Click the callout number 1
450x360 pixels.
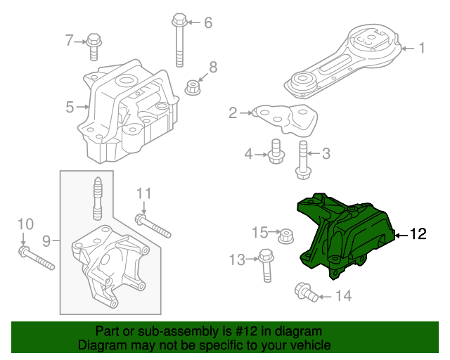pyautogui.click(x=422, y=49)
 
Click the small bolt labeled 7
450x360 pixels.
pyautogui.click(x=94, y=46)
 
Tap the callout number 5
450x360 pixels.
pyautogui.click(x=70, y=107)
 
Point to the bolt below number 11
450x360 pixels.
pyautogui.click(x=153, y=227)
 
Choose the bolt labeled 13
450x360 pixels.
pyautogui.click(x=266, y=264)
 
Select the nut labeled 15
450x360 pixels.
pyautogui.click(x=285, y=235)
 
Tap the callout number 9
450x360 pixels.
pyautogui.click(x=46, y=242)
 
